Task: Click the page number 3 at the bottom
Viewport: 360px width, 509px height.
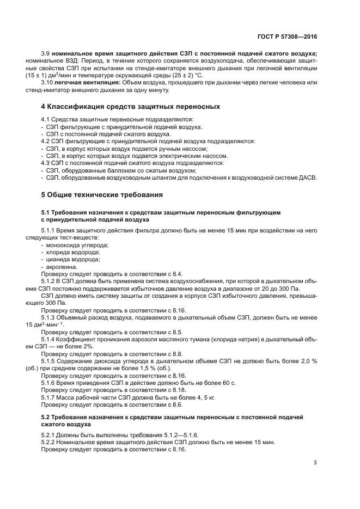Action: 315,463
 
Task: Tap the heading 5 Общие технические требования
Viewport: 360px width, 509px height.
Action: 102,194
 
